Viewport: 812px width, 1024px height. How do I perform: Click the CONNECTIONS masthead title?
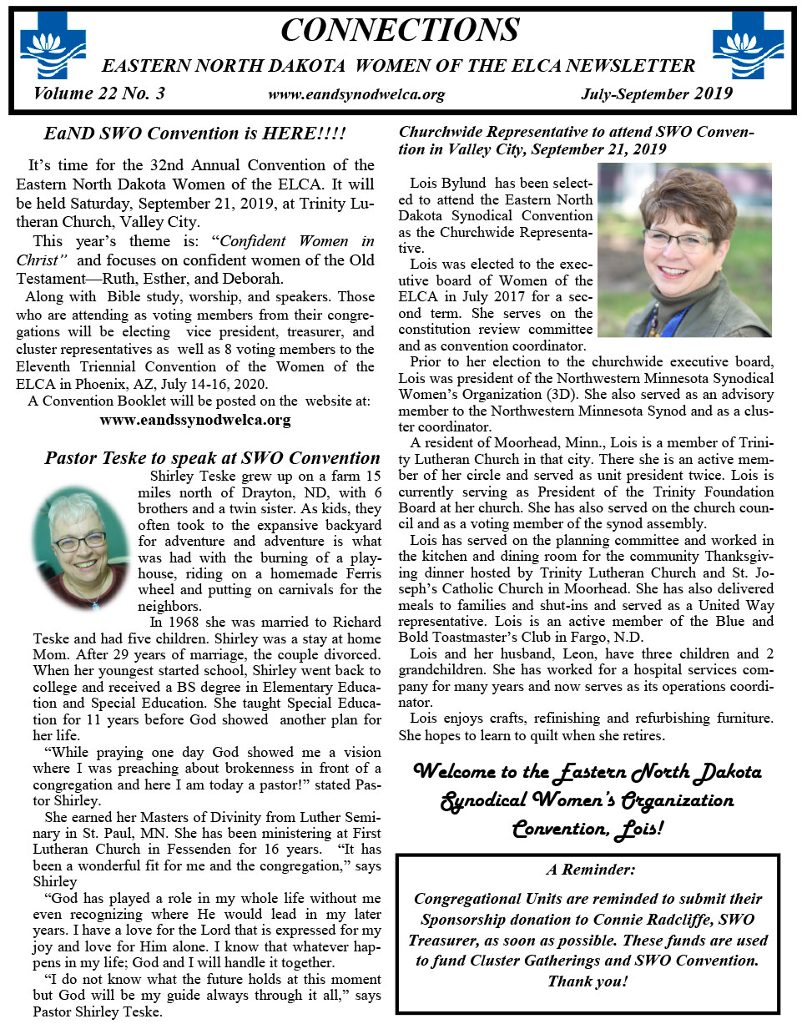[x=400, y=30]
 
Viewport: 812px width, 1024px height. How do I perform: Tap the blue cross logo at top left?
[x=53, y=52]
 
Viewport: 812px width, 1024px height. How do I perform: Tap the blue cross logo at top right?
[x=748, y=52]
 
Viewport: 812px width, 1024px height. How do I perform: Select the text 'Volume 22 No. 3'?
[x=99, y=93]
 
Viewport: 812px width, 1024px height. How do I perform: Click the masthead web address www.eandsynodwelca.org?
[x=356, y=95]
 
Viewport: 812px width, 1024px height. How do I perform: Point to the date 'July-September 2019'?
[x=657, y=94]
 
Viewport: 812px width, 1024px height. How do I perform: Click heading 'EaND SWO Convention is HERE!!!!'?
[x=194, y=134]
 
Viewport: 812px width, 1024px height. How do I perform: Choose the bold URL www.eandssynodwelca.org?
[x=195, y=420]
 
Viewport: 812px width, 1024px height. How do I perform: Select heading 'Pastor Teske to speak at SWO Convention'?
[x=212, y=457]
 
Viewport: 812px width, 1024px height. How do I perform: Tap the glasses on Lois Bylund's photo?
[x=678, y=242]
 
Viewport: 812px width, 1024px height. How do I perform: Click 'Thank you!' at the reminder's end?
[x=588, y=981]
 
